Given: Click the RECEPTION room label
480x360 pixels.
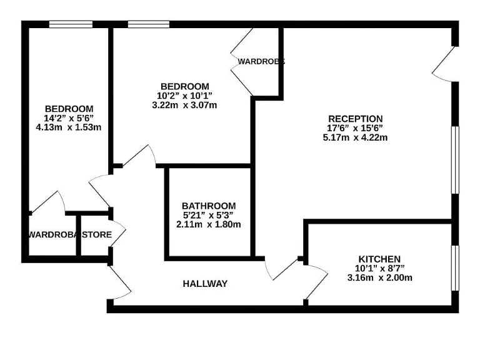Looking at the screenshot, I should (x=355, y=119).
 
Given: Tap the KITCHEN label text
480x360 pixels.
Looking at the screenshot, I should (x=379, y=259).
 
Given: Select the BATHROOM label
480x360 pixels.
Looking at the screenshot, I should (x=209, y=206).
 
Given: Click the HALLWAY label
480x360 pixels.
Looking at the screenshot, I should (x=205, y=284).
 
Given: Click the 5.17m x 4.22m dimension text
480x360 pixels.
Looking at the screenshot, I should (x=355, y=137).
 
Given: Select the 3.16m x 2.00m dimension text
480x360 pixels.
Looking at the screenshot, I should (x=379, y=277).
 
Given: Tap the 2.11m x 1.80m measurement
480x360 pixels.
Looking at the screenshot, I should (x=209, y=224).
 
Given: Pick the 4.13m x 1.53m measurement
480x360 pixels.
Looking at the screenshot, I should (x=69, y=127).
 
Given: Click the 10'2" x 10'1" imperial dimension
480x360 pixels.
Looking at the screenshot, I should (x=184, y=96).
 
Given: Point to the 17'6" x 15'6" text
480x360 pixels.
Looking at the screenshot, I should (x=355, y=128).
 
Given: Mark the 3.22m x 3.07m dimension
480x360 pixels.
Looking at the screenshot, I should (x=184, y=105).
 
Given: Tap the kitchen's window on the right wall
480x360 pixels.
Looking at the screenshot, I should (x=455, y=268).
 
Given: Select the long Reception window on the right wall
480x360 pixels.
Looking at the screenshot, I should (x=455, y=160).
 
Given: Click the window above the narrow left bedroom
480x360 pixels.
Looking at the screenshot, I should (x=71, y=24).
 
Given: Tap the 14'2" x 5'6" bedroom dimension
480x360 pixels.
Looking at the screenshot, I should (x=69, y=118).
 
